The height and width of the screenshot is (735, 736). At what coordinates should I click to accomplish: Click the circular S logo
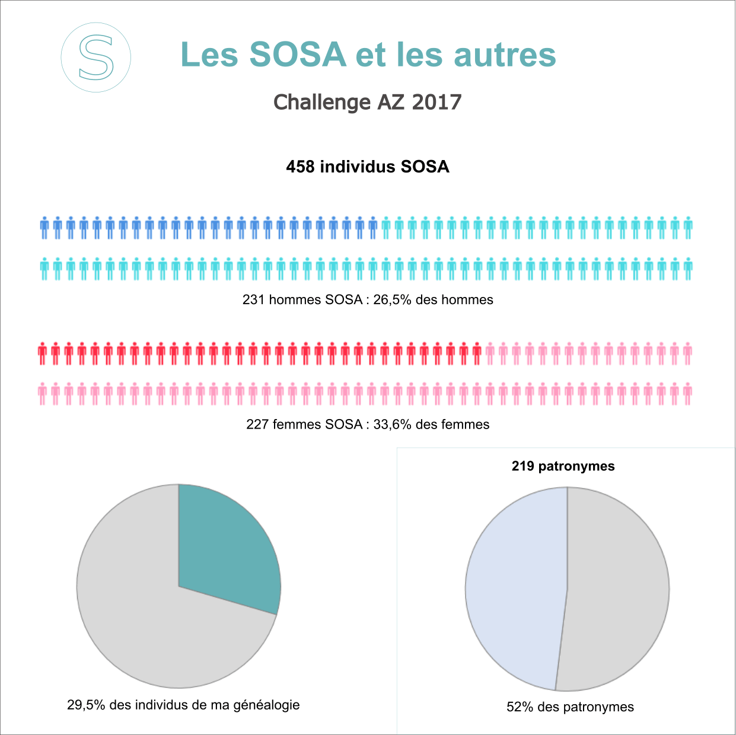(96, 57)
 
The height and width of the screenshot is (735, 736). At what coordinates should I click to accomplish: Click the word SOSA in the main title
(297, 55)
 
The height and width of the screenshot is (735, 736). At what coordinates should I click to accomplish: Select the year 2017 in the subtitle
(436, 102)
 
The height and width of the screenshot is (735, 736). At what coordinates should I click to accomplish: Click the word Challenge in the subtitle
(322, 102)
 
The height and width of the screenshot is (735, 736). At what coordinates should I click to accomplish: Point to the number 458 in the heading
(300, 167)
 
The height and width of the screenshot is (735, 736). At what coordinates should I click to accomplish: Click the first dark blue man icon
(44, 228)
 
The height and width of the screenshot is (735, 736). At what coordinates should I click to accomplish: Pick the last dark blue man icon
(372, 228)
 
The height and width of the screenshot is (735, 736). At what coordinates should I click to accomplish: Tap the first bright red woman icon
(42, 353)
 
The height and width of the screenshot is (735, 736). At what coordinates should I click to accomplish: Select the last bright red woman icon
(477, 353)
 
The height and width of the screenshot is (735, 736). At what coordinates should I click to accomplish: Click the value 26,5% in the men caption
(392, 300)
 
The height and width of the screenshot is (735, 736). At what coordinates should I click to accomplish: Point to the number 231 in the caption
(253, 300)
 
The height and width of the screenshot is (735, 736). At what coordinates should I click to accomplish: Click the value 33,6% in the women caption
(392, 424)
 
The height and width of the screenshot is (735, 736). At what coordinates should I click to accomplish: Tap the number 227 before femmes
(257, 424)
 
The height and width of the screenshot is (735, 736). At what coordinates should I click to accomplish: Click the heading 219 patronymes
(563, 466)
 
